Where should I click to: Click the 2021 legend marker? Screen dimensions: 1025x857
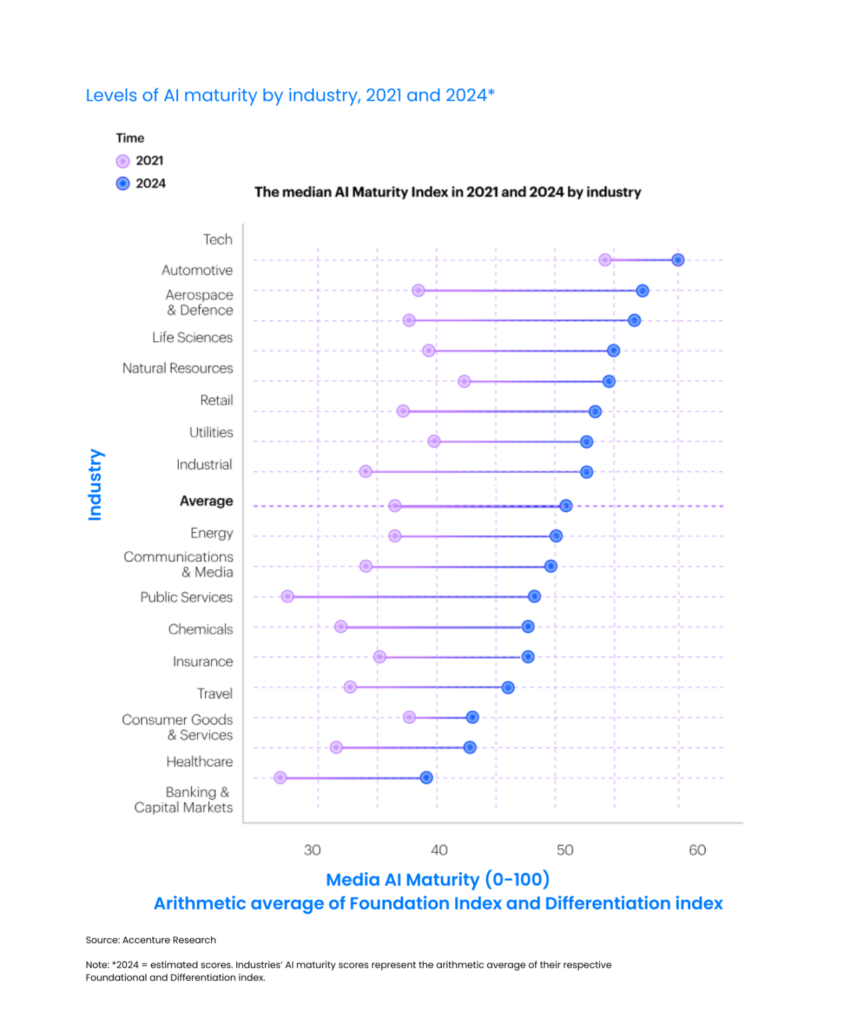point(123,161)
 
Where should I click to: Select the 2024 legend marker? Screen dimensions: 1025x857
point(123,184)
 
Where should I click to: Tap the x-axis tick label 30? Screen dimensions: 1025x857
point(312,850)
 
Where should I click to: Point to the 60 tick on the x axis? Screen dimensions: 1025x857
point(697,850)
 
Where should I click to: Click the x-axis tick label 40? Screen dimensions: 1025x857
point(439,850)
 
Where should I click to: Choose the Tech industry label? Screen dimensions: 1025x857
point(218,240)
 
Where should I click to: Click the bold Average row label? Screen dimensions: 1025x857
point(206,501)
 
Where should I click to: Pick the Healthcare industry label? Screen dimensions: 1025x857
point(200,762)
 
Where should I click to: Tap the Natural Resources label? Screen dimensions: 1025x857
point(178,368)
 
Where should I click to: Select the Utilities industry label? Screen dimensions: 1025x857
point(211,432)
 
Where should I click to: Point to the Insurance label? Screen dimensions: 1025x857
point(203,662)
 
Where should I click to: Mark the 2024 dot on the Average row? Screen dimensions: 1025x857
point(566,506)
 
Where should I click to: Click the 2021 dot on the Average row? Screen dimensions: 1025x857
point(395,506)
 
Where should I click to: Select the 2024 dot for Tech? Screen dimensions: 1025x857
point(678,260)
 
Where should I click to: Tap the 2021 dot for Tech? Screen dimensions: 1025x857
point(605,260)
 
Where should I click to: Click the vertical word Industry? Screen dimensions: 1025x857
point(95,485)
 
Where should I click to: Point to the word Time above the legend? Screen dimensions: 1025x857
point(130,138)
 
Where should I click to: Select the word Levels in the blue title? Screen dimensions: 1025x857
point(111,95)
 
